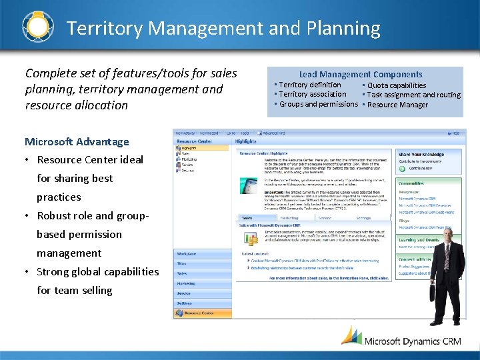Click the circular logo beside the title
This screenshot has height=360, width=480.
pos(37,27)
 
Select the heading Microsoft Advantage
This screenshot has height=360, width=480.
pos(77,141)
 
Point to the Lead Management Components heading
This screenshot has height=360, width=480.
pos(361,75)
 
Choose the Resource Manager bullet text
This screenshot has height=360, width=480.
pos(397,105)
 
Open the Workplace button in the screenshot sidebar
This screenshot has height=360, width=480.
pos(187,254)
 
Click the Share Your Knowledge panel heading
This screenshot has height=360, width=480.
pos(421,154)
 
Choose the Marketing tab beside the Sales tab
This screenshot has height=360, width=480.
pos(289,217)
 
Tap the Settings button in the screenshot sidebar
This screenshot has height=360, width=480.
pos(185,303)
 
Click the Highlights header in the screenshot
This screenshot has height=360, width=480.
pos(245,141)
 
